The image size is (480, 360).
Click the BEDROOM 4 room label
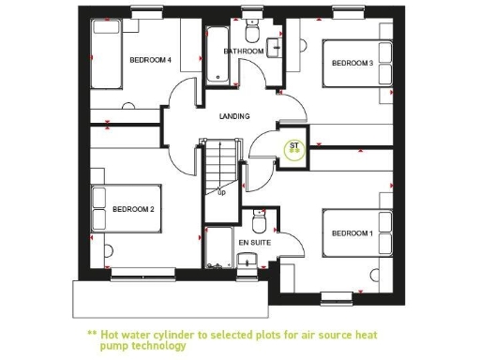click(x=150, y=60)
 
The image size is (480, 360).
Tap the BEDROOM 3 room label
click(x=352, y=64)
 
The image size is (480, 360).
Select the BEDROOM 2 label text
click(x=133, y=209)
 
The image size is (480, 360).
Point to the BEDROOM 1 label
click(x=352, y=233)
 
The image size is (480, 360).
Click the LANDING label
click(x=234, y=116)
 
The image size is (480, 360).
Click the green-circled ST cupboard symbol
click(x=294, y=147)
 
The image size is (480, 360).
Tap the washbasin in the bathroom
click(x=276, y=46)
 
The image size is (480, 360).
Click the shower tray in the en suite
click(x=218, y=248)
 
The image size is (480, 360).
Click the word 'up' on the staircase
click(x=221, y=192)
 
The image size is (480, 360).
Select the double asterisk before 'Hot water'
click(x=92, y=334)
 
